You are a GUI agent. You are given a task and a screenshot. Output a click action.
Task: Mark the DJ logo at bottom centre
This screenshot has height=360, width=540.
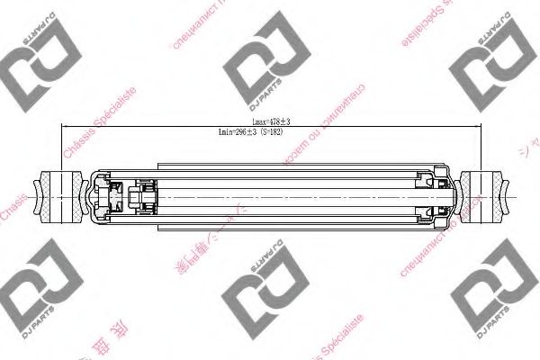(x=260, y=302)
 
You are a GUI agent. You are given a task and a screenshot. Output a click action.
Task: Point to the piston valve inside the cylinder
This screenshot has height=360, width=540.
(x=142, y=194)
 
